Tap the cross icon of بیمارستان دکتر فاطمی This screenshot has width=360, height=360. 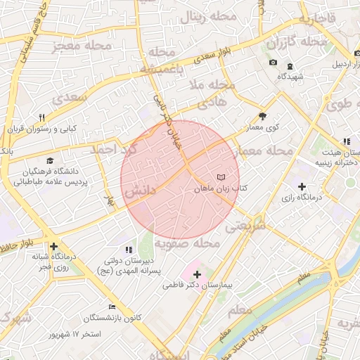pyautogui.click(x=197, y=274)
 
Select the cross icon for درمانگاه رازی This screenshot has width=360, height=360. pyautogui.click(x=302, y=186)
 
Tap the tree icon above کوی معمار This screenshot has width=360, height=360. pyautogui.click(x=263, y=116)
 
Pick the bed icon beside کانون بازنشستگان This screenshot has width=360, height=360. pyautogui.click(x=112, y=307)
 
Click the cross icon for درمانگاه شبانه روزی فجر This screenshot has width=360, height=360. pyautogui.click(x=53, y=246)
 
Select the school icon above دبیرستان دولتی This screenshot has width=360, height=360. pyautogui.click(x=127, y=250)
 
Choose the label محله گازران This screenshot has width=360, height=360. pyautogui.click(x=295, y=42)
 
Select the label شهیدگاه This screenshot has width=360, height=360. pyautogui.click(x=290, y=76)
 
